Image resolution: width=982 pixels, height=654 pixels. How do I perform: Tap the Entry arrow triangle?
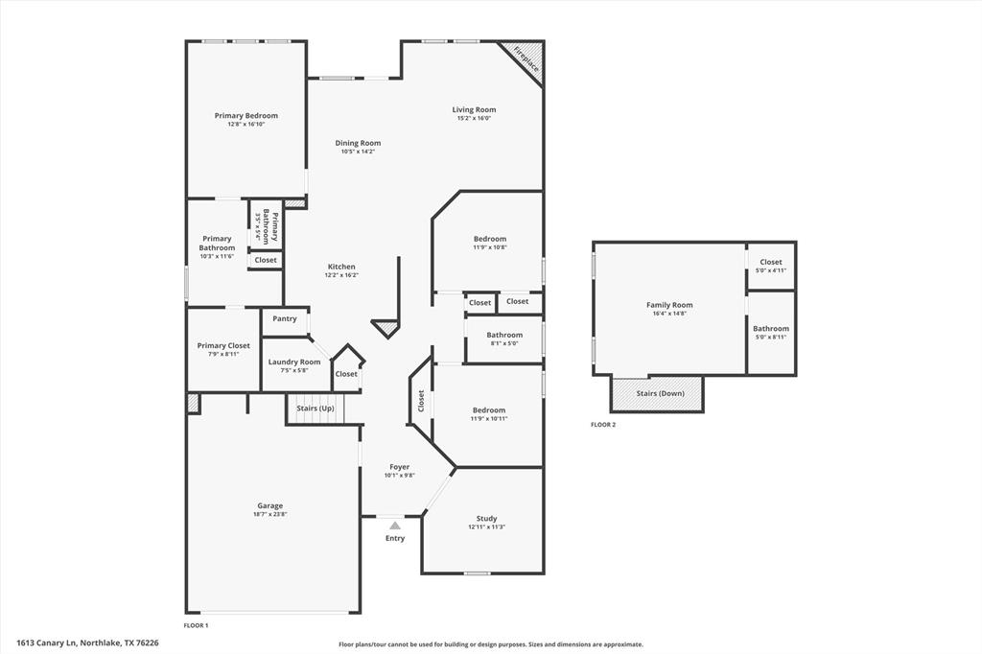pos(395,526)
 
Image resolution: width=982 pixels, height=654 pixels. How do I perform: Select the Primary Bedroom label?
pos(246,115)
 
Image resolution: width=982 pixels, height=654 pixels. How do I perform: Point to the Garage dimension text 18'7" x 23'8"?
pos(269,514)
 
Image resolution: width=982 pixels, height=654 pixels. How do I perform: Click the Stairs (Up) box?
pos(315,409)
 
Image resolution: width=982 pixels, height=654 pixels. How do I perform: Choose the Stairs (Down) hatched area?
pos(657,393)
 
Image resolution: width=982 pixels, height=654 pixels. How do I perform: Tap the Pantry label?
pos(285,318)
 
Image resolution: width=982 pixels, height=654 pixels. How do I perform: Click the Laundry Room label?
pos(294,362)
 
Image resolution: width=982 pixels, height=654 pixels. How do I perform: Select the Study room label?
pos(487,519)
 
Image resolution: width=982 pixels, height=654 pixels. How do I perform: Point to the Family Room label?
pos(669,305)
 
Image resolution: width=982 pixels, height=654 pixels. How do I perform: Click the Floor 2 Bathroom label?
pos(771,328)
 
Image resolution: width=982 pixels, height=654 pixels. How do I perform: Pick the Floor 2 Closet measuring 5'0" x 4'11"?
pos(771,266)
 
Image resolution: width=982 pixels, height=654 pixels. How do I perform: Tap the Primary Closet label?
pos(223,345)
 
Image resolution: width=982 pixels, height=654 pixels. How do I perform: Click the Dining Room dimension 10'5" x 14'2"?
pos(358,152)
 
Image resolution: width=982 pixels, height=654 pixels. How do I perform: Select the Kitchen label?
pos(341,267)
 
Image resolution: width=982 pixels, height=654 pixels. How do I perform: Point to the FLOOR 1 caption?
pos(196,625)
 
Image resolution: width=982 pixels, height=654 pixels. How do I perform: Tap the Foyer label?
pos(399,467)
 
